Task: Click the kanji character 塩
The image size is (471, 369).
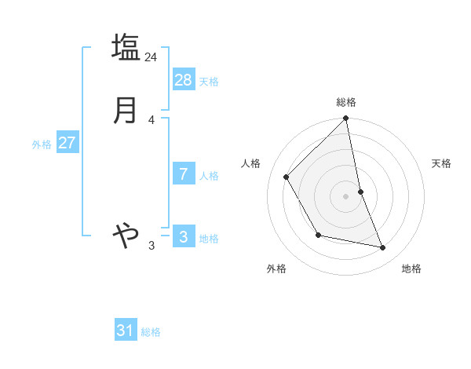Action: [126, 47]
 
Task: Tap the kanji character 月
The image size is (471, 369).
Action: [126, 111]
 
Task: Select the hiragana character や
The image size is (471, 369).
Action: [126, 233]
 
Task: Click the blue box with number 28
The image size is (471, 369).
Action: [184, 80]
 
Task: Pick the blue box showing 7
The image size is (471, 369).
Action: [184, 174]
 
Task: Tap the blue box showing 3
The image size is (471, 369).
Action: [184, 237]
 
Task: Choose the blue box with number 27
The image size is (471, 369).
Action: [67, 143]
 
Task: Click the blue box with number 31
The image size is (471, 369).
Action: [126, 331]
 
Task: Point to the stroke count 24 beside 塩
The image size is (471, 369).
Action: [151, 57]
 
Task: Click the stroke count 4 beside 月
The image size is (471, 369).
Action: [151, 120]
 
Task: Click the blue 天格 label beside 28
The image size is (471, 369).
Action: [209, 82]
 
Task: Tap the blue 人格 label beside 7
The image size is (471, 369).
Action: [209, 176]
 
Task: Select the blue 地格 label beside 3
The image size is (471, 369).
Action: [209, 239]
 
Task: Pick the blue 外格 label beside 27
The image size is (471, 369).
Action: [42, 144]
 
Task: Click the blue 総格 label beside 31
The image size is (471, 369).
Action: [151, 332]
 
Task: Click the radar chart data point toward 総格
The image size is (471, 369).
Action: [345, 119]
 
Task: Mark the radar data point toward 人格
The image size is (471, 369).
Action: [287, 177]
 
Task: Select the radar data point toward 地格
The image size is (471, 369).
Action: [383, 248]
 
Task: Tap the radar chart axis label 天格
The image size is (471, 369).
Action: [442, 163]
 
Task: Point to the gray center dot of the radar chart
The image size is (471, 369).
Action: [345, 196]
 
